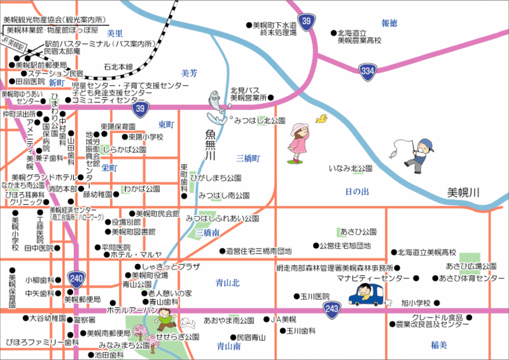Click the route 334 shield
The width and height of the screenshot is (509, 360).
[367, 71]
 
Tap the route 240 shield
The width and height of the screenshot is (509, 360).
[76, 278]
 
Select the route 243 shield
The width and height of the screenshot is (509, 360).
[331, 309]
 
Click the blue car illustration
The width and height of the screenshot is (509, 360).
[367, 295]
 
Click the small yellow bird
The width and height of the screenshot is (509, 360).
[321, 118]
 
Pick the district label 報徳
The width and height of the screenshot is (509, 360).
[389, 23]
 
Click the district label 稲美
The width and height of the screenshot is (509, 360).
[439, 345]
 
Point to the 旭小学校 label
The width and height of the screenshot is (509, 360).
[416, 303]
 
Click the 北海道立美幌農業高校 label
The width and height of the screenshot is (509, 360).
[359, 37]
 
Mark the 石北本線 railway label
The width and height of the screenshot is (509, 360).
[118, 66]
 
